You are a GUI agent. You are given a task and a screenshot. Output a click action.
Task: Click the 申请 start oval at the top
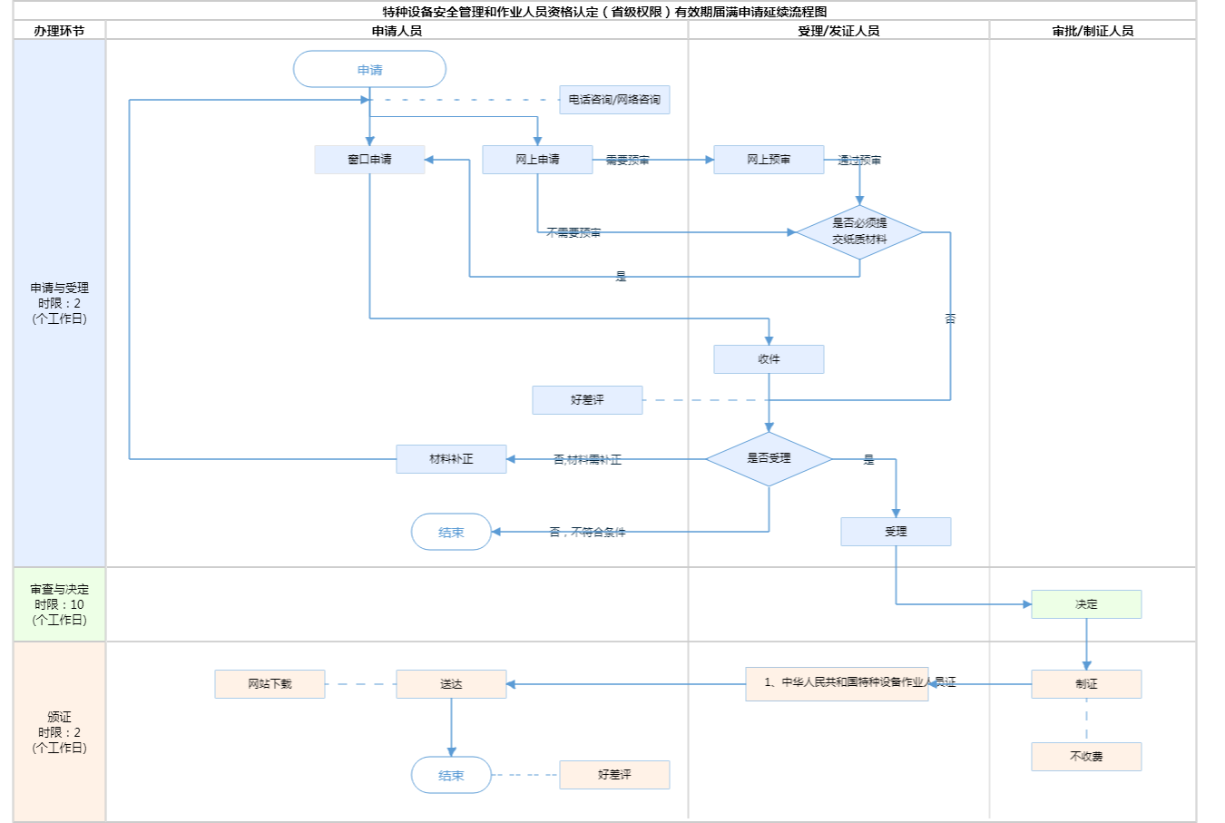click(x=369, y=70)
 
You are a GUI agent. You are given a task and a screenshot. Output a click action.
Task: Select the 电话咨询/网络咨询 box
click(x=614, y=100)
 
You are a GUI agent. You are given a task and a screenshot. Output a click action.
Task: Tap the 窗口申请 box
click(x=369, y=160)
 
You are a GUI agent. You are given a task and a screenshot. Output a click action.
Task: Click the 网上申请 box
click(x=537, y=160)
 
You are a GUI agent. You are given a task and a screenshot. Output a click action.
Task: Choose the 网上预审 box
click(x=769, y=160)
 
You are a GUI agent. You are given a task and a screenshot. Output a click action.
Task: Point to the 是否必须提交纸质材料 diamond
click(x=859, y=231)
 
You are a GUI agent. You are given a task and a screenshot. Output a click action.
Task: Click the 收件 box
click(x=769, y=359)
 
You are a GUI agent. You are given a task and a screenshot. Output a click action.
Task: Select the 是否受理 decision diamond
click(x=769, y=458)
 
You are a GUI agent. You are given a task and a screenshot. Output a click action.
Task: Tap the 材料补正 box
click(x=451, y=459)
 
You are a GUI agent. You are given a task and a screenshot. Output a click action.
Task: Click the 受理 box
click(x=896, y=532)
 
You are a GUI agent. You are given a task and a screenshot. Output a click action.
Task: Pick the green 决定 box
click(x=1086, y=604)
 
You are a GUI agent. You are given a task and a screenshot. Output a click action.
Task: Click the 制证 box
click(x=1086, y=684)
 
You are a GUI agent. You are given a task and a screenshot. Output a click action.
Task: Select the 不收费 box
click(x=1086, y=757)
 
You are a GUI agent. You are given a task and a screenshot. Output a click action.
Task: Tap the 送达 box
click(x=451, y=684)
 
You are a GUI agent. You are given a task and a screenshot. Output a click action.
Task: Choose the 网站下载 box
click(x=269, y=684)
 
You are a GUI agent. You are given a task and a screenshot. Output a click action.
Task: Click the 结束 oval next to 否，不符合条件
click(x=451, y=533)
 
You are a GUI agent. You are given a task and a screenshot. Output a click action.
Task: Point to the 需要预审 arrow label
click(x=627, y=161)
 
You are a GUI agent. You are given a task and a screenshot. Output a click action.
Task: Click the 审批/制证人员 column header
click(x=1093, y=31)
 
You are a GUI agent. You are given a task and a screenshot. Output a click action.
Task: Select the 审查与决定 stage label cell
click(x=59, y=604)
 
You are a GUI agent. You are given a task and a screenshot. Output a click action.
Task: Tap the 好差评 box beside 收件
click(x=587, y=400)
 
